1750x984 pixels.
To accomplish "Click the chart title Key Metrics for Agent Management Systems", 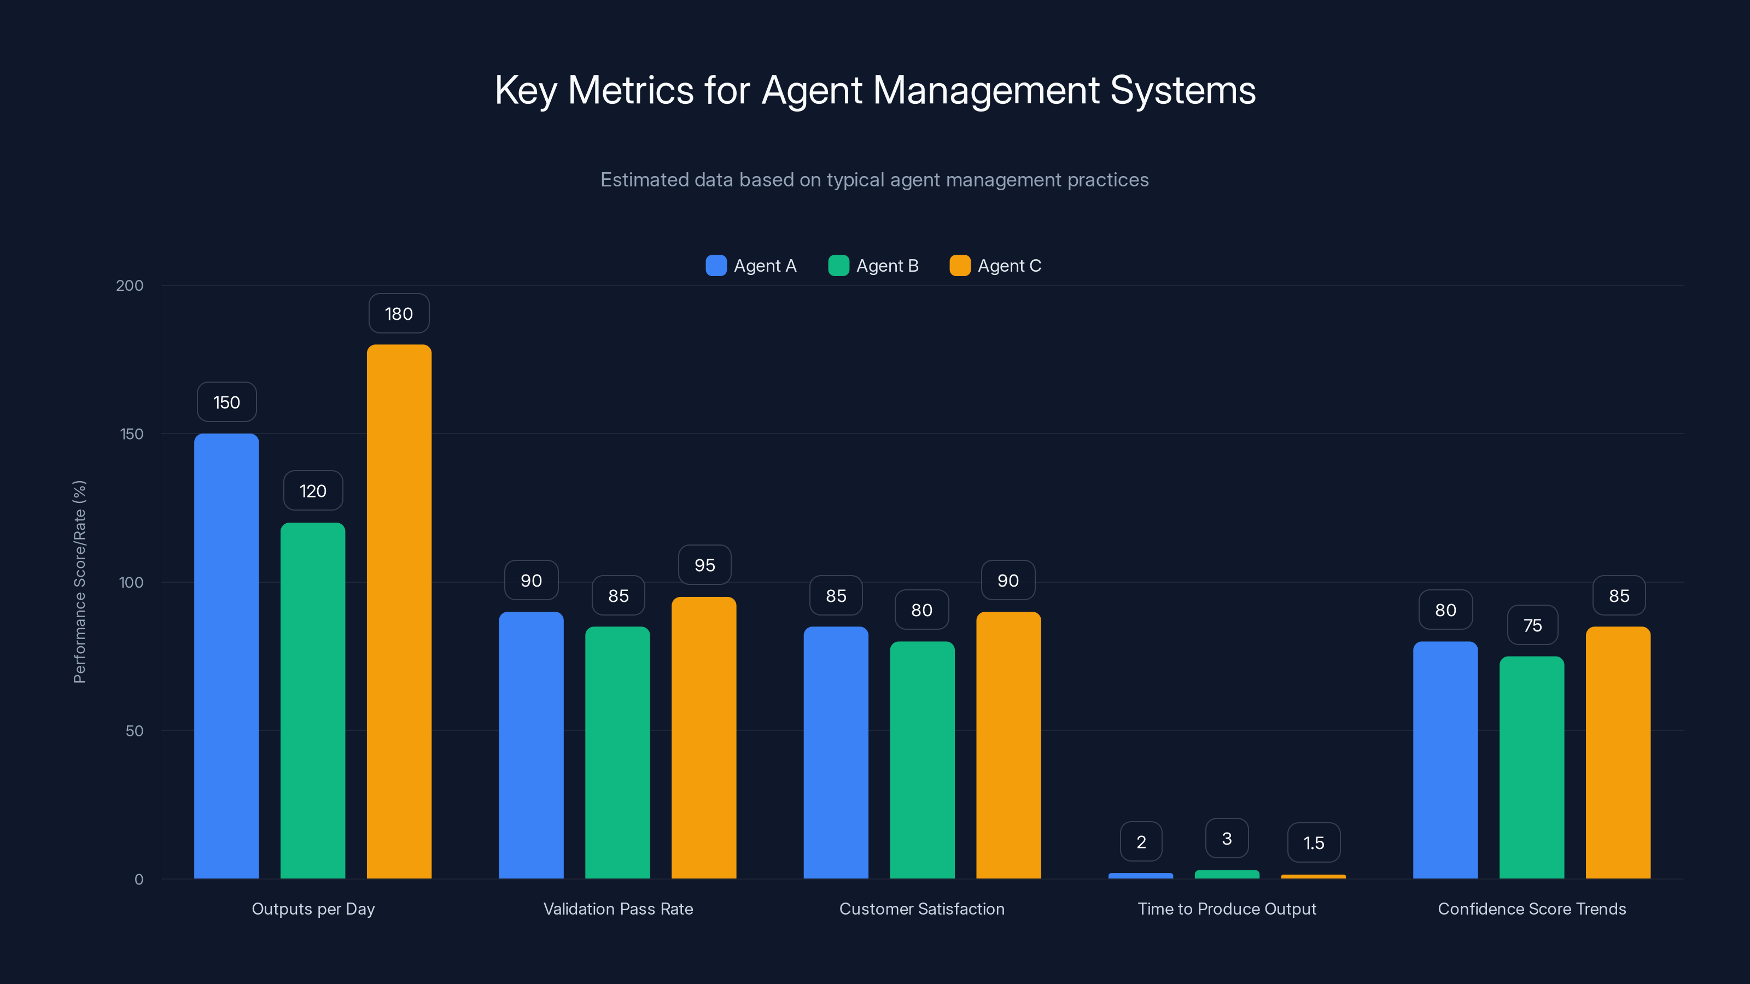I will click(875, 90).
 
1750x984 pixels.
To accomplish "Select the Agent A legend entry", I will click(751, 266).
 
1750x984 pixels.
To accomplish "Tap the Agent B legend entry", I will click(874, 266).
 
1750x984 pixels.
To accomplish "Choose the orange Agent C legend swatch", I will click(959, 266).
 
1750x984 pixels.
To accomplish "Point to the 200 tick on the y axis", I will click(129, 285).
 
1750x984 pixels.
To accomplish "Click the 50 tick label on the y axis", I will click(134, 731).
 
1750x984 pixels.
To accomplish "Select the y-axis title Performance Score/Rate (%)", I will click(79, 581).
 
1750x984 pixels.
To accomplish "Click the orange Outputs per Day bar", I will click(399, 611).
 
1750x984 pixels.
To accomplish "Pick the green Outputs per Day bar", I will click(312, 700).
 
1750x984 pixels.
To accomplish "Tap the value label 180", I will click(399, 314).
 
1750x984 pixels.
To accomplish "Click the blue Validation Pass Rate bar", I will click(530, 745).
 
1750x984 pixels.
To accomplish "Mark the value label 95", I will click(704, 565).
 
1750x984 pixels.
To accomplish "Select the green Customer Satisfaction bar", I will click(922, 759).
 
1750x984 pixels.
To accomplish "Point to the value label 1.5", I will click(1313, 843).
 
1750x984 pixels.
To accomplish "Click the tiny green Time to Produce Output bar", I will click(1226, 874).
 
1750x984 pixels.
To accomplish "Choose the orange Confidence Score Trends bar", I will click(1618, 752).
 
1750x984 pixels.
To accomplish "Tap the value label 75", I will click(1532, 625).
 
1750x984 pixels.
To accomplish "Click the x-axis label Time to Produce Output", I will click(1226, 909).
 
